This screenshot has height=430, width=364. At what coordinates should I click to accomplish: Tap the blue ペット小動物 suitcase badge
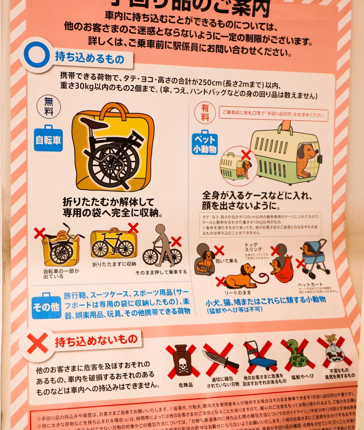pos(205,143)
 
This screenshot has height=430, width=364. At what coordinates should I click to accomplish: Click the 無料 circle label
pos(49,106)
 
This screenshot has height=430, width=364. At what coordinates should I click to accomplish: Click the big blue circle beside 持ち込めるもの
pos(37,55)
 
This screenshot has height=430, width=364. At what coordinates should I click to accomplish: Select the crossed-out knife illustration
pos(220,360)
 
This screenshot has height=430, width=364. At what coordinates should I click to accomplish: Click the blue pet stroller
pos(314,258)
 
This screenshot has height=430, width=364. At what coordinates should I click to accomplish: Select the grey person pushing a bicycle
pos(164,245)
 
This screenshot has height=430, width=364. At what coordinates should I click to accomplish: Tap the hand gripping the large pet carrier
pos(286,125)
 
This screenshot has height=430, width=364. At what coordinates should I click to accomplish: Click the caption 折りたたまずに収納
pos(114,264)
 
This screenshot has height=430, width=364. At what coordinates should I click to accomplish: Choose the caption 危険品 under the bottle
pos(185,385)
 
